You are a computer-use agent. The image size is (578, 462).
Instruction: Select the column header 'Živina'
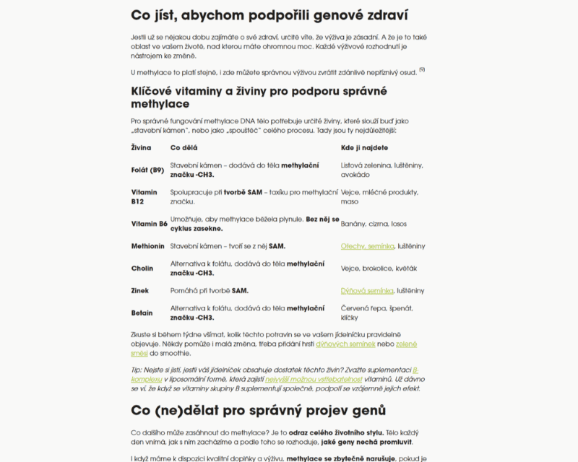pyautogui.click(x=141, y=147)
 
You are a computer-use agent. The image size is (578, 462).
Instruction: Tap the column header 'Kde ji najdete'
pyautogui.click(x=364, y=147)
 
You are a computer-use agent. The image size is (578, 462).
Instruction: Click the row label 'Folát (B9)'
pyautogui.click(x=147, y=170)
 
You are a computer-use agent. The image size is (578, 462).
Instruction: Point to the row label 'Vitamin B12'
pyautogui.click(x=144, y=197)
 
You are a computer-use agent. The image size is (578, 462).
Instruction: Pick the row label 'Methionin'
pyautogui.click(x=147, y=246)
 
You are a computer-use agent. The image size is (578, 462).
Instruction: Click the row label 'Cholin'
pyautogui.click(x=142, y=269)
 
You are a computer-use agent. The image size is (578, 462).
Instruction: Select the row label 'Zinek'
pyautogui.click(x=140, y=291)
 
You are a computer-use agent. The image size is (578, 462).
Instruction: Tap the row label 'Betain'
pyautogui.click(x=142, y=313)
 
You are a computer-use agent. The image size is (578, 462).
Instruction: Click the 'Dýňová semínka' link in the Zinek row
pyautogui.click(x=367, y=291)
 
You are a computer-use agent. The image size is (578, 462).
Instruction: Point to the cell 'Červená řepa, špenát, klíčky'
pyautogui.click(x=376, y=313)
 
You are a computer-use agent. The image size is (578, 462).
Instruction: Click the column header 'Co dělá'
pyautogui.click(x=185, y=147)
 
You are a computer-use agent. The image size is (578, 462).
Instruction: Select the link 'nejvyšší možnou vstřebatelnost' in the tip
pyautogui.click(x=315, y=378)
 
